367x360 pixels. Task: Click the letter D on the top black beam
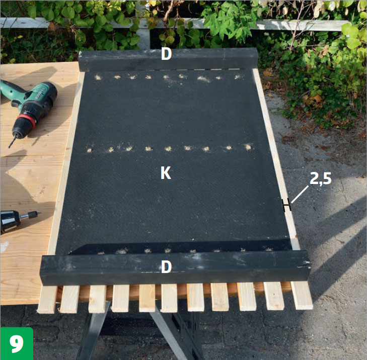click(x=166, y=54)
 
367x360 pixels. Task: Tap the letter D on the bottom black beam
click(x=167, y=267)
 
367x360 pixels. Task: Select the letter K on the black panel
click(x=166, y=173)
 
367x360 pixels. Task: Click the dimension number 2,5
click(x=321, y=178)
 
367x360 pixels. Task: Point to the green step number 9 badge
click(x=17, y=343)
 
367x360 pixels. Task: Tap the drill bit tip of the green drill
click(x=10, y=147)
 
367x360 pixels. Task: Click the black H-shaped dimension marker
click(x=286, y=205)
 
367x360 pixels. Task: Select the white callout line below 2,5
click(x=300, y=194)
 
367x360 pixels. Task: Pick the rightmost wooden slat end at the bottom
click(x=302, y=296)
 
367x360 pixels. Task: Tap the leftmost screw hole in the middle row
click(x=89, y=150)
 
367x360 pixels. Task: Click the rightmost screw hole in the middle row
click(x=248, y=147)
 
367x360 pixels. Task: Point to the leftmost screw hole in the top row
click(x=98, y=77)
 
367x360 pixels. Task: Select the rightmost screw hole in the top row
click(x=237, y=76)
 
